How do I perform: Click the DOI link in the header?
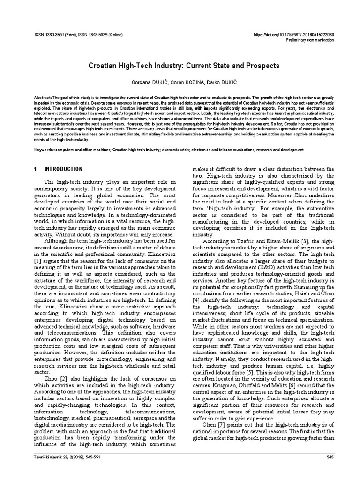(x=293, y=34)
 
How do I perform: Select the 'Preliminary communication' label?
(x=309, y=40)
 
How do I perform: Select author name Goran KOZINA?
(x=180, y=82)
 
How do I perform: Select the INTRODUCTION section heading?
(x=63, y=169)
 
